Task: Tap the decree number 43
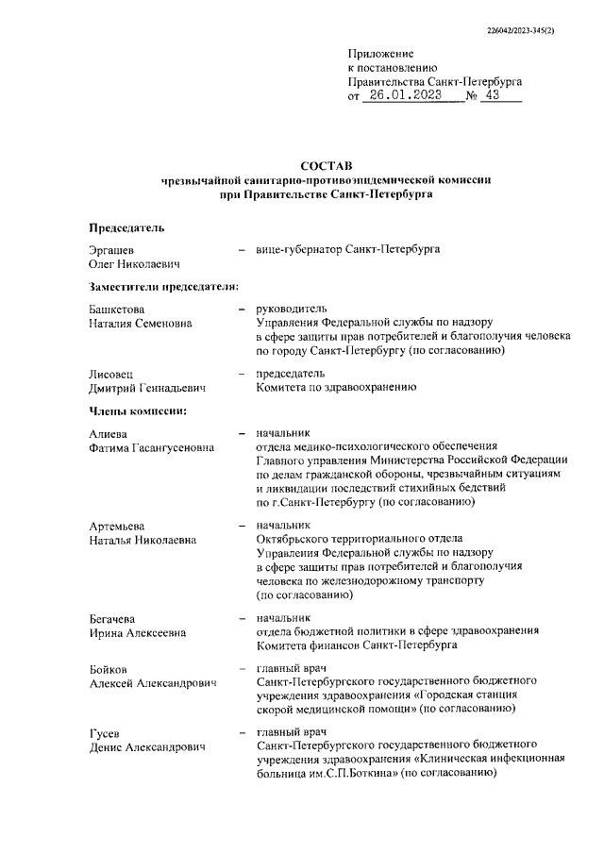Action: tap(489, 96)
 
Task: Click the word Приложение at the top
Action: tap(380, 54)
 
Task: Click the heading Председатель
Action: tap(126, 227)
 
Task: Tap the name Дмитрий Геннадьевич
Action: tap(147, 387)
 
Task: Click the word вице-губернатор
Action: tap(299, 250)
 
